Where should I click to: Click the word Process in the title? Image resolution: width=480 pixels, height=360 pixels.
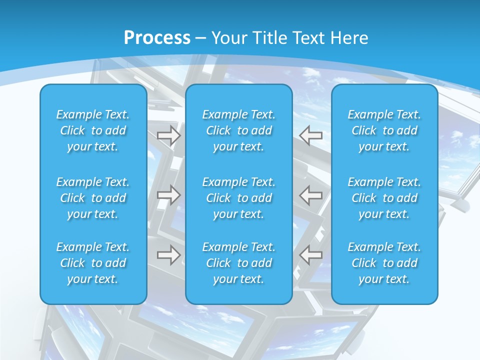click(x=157, y=38)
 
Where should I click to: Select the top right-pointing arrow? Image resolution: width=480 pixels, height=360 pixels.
click(x=169, y=136)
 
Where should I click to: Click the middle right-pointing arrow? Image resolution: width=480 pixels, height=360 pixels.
click(x=169, y=195)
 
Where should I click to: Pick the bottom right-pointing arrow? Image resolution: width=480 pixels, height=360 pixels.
click(x=169, y=255)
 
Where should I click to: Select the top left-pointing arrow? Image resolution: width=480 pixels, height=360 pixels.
click(x=311, y=135)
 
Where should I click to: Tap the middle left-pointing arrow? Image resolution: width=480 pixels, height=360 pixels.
click(x=311, y=195)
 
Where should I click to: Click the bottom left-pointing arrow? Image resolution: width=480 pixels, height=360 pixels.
click(x=311, y=255)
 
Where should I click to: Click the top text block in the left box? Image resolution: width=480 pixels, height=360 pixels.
click(x=93, y=130)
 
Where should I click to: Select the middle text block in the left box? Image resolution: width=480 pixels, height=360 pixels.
click(x=93, y=198)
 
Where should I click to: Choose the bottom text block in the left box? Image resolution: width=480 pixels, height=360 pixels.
click(x=93, y=263)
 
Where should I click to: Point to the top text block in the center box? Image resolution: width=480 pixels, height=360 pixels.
click(x=239, y=130)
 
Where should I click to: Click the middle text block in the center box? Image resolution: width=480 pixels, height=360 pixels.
click(x=239, y=198)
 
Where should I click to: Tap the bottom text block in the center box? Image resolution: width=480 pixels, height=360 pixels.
click(x=239, y=263)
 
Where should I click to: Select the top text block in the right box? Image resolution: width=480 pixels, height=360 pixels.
click(x=384, y=130)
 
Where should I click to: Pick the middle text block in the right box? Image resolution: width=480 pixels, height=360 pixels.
click(x=384, y=198)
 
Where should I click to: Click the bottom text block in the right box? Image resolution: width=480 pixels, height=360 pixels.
click(x=384, y=263)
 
